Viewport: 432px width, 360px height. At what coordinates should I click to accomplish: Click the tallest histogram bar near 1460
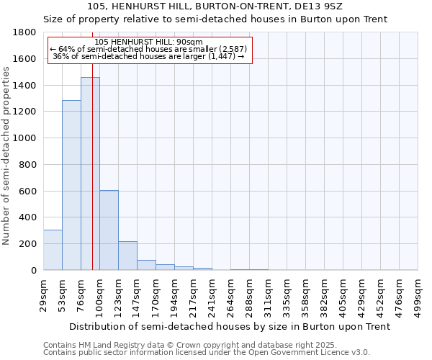point(90,174)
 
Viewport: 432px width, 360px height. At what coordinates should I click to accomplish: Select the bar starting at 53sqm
point(71,185)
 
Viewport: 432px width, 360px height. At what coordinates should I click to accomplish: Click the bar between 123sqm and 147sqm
point(127,256)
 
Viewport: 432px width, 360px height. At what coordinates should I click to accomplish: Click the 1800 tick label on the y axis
point(26,32)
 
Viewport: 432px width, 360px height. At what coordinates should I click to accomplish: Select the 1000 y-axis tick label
point(26,138)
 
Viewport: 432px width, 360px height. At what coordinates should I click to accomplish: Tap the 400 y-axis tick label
point(29,217)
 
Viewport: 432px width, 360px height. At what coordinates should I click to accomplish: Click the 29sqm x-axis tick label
point(44,294)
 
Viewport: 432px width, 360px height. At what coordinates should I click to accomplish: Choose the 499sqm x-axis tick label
point(418,294)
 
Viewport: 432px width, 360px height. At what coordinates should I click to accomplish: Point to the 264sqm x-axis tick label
point(231,294)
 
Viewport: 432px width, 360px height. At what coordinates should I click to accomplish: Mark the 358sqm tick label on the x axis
point(306,294)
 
